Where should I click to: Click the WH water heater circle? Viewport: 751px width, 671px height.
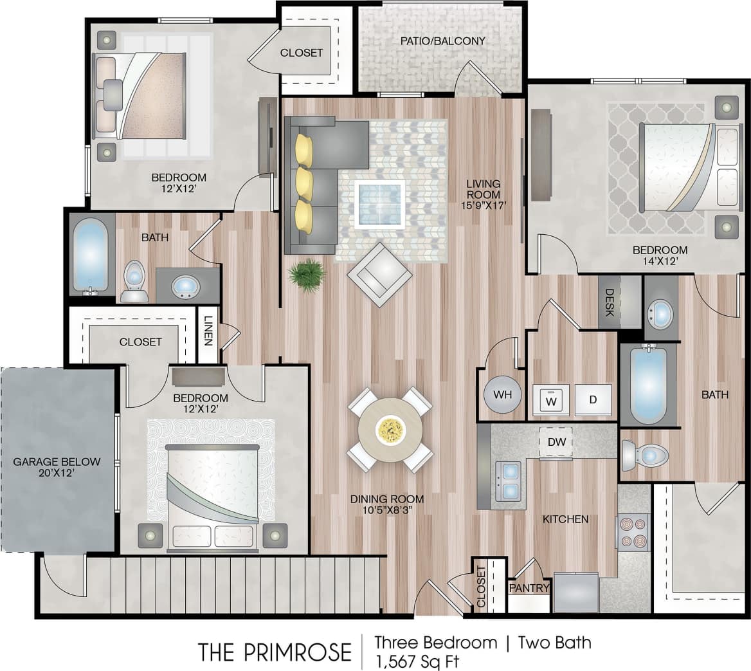coord(503,394)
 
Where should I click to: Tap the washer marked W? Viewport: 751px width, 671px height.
coord(550,400)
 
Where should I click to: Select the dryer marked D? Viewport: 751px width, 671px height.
coord(593,400)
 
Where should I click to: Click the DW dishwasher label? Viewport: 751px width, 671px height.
coord(556,442)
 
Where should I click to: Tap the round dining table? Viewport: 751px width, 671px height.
coord(390,430)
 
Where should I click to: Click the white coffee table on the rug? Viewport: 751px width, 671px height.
coord(380,205)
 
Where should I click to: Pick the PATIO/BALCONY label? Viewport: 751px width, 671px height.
coord(442,41)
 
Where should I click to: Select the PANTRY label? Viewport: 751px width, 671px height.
coord(529,588)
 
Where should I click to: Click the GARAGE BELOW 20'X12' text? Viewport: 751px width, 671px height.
coord(57,468)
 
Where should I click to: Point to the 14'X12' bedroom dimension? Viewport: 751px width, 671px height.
coord(660,262)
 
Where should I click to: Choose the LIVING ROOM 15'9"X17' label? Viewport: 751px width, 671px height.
coord(484,195)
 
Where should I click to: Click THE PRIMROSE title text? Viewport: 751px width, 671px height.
coord(275,651)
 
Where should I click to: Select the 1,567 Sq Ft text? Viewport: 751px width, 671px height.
coord(417,661)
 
